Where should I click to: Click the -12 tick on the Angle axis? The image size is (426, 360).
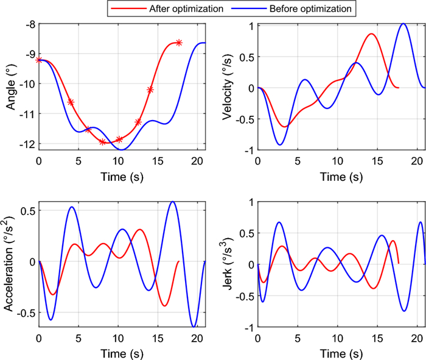coord(27,144)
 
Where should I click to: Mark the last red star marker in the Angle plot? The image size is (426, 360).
coord(179,42)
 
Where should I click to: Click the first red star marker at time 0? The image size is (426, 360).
coord(39,60)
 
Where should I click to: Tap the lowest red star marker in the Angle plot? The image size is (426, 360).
coord(102,142)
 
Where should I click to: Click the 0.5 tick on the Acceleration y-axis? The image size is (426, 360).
coord(28,211)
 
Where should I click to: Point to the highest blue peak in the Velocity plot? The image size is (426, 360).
coord(403,24)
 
